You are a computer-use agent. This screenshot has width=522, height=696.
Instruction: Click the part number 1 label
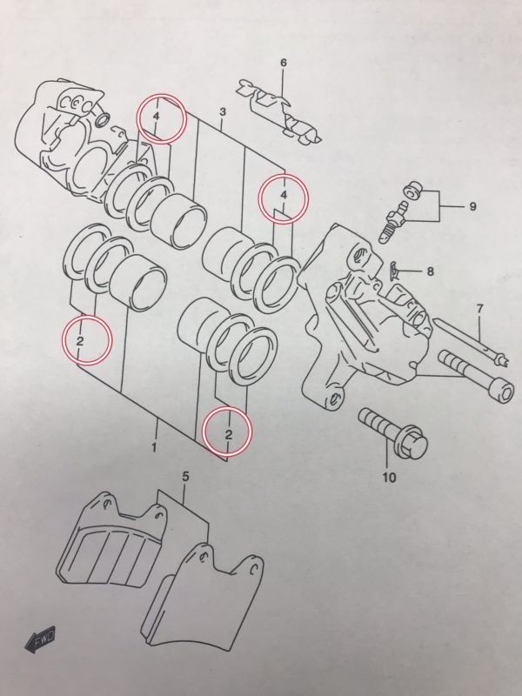point(153,448)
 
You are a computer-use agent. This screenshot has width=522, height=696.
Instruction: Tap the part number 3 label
point(223,113)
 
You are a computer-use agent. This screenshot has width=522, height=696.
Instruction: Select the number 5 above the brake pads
point(185,476)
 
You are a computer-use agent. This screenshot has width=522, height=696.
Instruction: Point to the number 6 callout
point(283,63)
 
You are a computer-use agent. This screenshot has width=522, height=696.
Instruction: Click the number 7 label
point(478,310)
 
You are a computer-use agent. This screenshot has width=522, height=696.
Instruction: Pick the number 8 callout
point(429,271)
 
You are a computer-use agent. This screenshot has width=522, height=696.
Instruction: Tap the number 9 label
point(472,207)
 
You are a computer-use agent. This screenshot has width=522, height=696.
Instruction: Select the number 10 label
point(388,476)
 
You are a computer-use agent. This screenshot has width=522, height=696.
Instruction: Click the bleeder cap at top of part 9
point(412,190)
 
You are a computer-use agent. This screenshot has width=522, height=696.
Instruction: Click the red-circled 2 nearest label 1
point(227,432)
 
